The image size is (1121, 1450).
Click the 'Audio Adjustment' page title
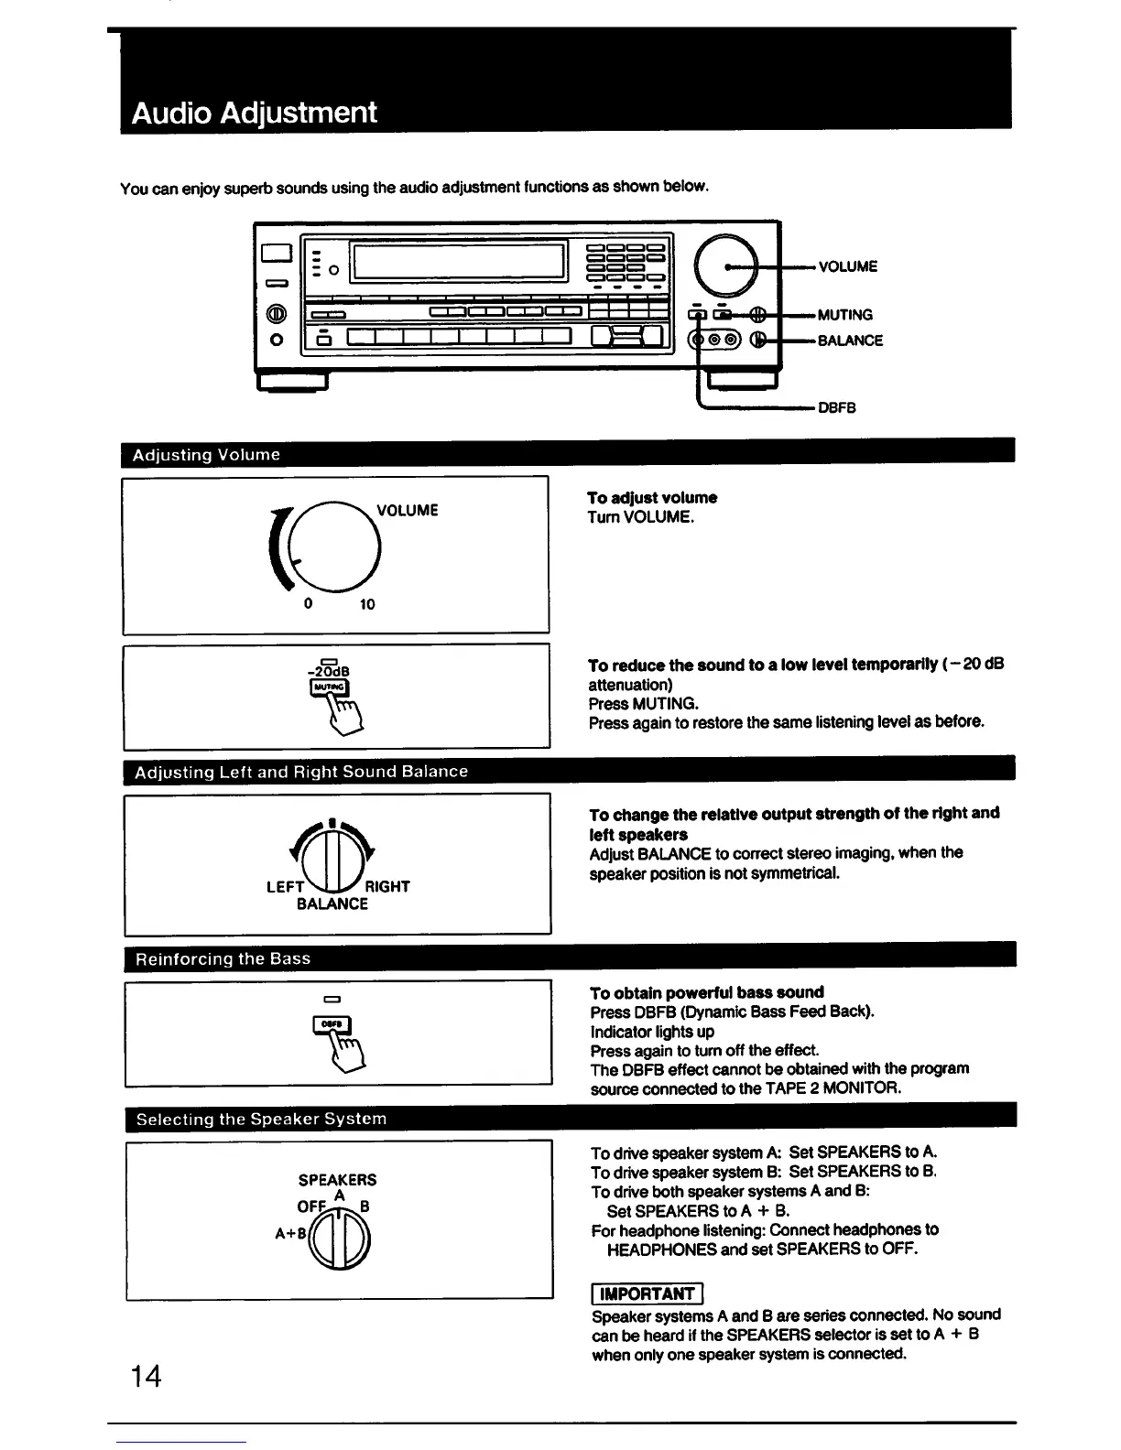tap(254, 114)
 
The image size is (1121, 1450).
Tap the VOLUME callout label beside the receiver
tap(847, 266)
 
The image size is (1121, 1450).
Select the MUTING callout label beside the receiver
tap(844, 315)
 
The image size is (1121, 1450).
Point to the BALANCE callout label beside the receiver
tap(850, 341)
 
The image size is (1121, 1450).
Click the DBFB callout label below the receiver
tap(836, 407)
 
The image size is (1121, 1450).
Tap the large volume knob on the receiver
tap(726, 265)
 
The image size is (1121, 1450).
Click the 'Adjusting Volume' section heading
tap(206, 455)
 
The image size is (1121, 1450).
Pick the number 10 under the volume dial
tap(366, 604)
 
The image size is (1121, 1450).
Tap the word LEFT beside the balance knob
tap(285, 886)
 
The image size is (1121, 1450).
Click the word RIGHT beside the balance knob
tap(387, 886)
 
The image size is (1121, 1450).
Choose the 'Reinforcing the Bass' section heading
tap(223, 958)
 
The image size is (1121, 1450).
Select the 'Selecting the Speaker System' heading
tap(261, 1119)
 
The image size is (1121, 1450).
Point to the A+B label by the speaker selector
tap(289, 1233)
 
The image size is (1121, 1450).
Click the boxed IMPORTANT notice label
tap(647, 1293)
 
